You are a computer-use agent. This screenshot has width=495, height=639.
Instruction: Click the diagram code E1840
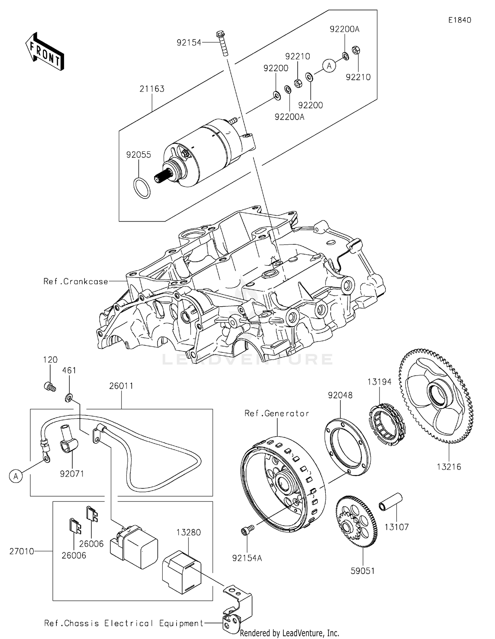459,20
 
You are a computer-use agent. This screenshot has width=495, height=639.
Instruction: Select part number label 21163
152,89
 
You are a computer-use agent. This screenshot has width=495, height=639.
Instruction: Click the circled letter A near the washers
329,66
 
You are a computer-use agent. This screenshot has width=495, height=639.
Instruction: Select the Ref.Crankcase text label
76,281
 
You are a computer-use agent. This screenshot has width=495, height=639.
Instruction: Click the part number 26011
121,386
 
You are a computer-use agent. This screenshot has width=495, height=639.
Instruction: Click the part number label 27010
21,551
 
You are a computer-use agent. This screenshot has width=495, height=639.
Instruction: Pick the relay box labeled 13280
181,572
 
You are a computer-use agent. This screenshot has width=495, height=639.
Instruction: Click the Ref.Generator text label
277,413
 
